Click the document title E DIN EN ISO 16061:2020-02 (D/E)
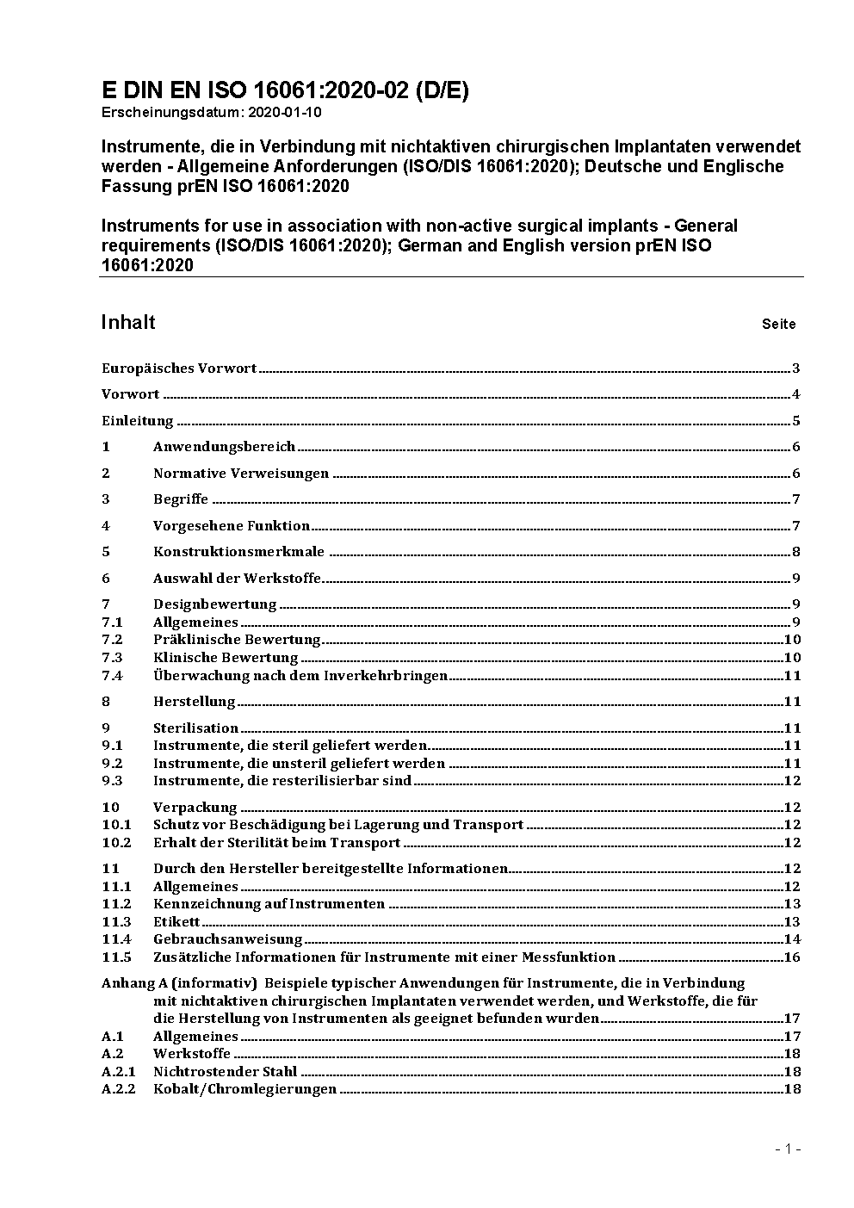[285, 90]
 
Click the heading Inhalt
[128, 322]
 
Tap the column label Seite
[778, 325]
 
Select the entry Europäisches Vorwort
[179, 369]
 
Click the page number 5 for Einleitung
[796, 421]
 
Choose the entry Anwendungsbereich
[224, 447]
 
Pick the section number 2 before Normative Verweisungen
[106, 473]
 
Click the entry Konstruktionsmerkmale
[238, 552]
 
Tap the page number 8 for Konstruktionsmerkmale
[796, 552]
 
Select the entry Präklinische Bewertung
[237, 640]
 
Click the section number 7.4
[112, 676]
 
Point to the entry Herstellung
[194, 702]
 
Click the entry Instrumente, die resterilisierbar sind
[282, 781]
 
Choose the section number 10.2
[116, 843]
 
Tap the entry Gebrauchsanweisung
[228, 939]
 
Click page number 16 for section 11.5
[792, 957]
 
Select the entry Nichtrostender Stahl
[225, 1072]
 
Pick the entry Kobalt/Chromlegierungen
[244, 1089]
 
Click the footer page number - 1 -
[788, 1149]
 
